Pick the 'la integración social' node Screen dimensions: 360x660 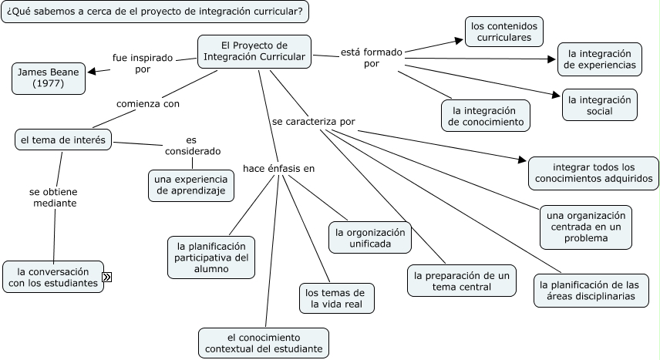(599, 105)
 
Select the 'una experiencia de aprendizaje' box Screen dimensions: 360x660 (191, 185)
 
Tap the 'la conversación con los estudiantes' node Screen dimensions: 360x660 (53, 278)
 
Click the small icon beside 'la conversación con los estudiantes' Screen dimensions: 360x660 (107, 278)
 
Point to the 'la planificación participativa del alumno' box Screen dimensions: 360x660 (211, 257)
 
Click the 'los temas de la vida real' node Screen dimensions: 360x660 (338, 298)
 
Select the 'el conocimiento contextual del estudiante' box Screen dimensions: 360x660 (264, 343)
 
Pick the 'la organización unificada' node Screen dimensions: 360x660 (369, 238)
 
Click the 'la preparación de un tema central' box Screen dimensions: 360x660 (462, 281)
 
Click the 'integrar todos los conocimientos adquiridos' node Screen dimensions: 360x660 (593, 173)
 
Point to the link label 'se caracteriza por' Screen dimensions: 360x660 (314, 122)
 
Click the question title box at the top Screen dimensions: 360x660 (158, 12)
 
